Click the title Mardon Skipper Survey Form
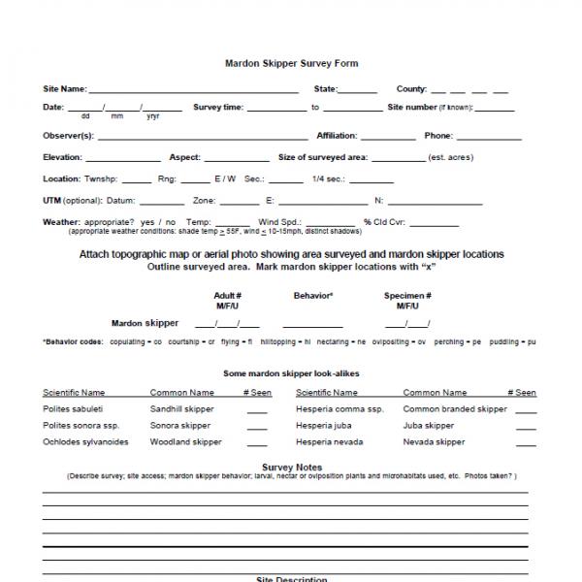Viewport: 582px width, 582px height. pos(292,64)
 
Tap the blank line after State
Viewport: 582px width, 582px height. pos(359,90)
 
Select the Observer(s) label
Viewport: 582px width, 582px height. pos(68,136)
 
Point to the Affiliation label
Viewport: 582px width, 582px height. pos(337,136)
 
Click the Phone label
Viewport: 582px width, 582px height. pos(438,136)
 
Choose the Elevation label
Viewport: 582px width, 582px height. pos(63,157)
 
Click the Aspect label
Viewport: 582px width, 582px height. pos(184,157)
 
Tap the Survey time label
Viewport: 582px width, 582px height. pos(218,108)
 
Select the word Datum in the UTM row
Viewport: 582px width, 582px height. pos(121,201)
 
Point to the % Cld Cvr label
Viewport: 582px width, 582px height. pos(382,222)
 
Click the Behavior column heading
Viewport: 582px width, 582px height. pos(313,295)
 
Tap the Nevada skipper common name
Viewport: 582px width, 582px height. pos(434,442)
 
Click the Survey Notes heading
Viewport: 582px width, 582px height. pos(292,468)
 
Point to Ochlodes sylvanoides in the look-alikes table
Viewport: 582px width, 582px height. pos(85,442)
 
